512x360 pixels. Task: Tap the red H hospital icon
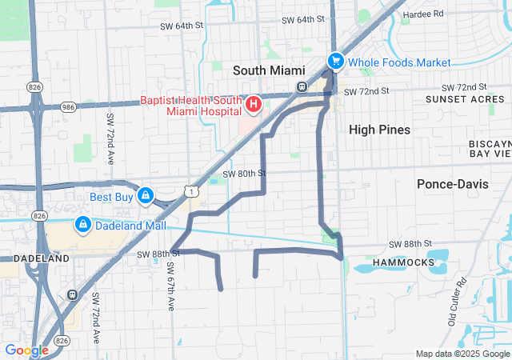pos(253,104)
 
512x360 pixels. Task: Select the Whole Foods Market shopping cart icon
pos(335,62)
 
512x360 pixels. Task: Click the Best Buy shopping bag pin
pos(145,194)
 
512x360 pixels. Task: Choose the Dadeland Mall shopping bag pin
pos(82,226)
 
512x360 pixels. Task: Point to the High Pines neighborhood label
pos(379,130)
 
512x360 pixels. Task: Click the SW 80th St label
pos(243,173)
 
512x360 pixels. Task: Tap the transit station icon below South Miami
pos(302,87)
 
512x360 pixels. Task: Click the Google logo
pos(26,350)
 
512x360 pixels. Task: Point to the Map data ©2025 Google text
pos(462,354)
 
